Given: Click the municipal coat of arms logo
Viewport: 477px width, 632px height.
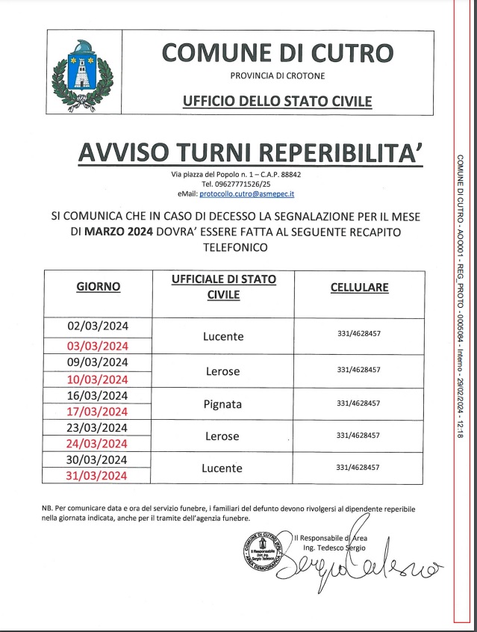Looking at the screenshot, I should tap(80, 75).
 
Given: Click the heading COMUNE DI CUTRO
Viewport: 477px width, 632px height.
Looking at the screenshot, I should tap(278, 52).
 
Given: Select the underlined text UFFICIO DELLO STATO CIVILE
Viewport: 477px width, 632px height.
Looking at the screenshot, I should tap(278, 101).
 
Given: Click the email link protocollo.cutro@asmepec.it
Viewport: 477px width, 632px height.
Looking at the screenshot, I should tap(252, 193).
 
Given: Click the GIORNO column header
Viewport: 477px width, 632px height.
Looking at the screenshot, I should tap(99, 286).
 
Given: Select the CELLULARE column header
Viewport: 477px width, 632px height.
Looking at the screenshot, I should tap(359, 287).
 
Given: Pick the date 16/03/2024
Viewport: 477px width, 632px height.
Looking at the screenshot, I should tap(99, 396).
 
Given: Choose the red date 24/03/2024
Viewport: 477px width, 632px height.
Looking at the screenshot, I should tap(99, 444).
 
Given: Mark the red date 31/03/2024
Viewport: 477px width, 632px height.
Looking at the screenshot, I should tap(99, 476).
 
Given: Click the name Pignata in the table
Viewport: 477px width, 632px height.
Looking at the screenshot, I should tap(222, 404).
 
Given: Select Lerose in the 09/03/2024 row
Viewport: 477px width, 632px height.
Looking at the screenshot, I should tap(222, 371).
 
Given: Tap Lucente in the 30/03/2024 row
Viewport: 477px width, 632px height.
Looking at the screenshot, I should tap(222, 468).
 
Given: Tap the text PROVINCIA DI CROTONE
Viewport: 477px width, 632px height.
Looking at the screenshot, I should tap(278, 76).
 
